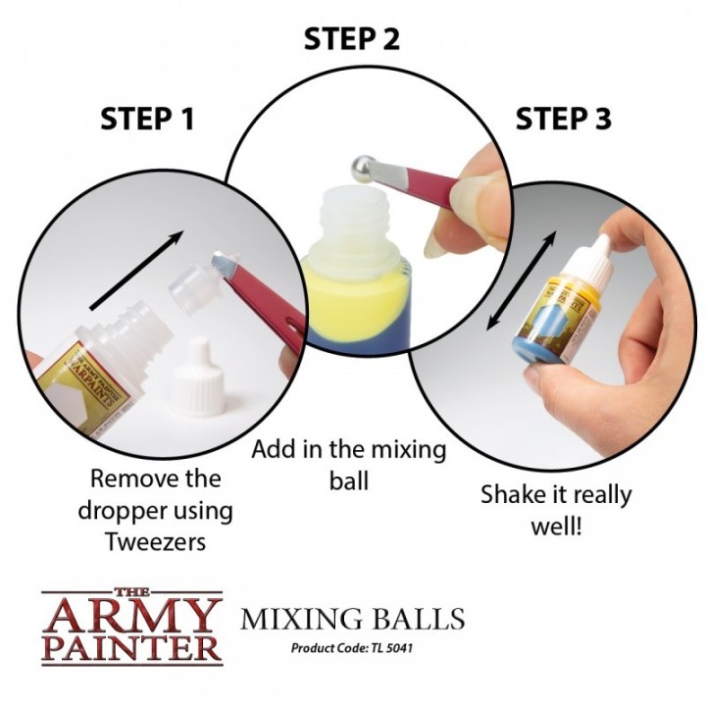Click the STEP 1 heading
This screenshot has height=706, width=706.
[x=147, y=120]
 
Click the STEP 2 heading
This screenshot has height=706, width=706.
[x=352, y=39]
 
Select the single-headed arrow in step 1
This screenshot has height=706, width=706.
[x=137, y=270]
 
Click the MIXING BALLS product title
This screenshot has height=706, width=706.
[x=352, y=620]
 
